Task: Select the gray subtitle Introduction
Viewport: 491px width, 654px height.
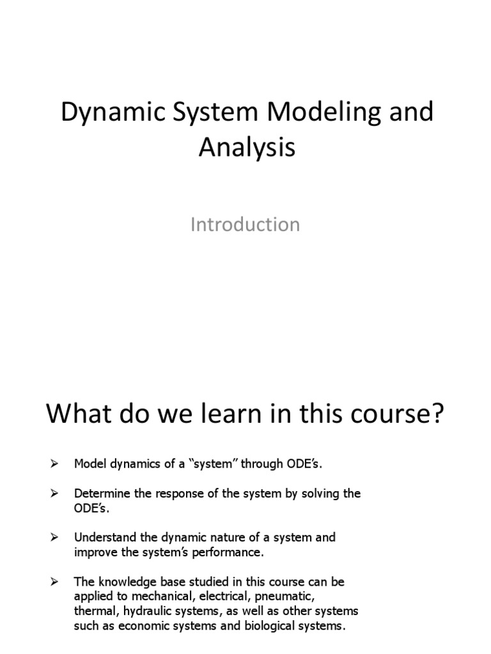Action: [245, 225]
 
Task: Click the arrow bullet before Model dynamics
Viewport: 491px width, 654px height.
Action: [54, 464]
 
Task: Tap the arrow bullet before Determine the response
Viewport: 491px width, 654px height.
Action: [54, 494]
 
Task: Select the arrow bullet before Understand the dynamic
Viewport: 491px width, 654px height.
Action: [54, 538]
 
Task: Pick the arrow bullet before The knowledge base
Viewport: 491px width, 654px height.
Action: [54, 582]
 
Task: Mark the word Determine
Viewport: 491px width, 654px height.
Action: [101, 494]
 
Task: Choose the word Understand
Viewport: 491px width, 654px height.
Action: [104, 538]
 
